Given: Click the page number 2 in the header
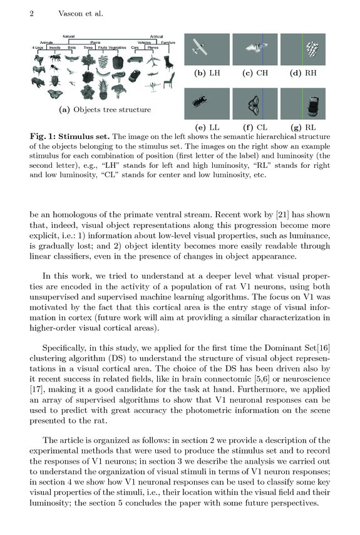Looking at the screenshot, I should (31, 13).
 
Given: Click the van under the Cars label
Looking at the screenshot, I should (135, 61).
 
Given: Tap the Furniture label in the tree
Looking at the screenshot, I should (168, 43).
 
